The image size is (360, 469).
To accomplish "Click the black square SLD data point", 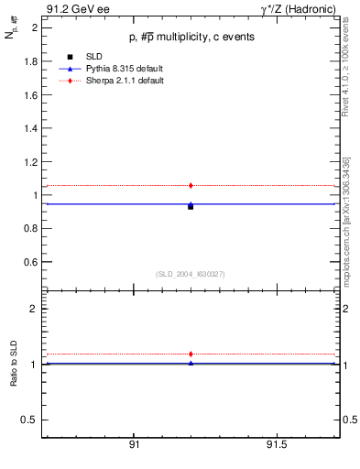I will coord(191,207).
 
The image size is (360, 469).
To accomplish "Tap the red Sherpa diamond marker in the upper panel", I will coord(191,185).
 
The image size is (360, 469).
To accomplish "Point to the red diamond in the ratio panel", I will coord(191,354).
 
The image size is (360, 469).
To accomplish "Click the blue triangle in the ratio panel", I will coord(191,363).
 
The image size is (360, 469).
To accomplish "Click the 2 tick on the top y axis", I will coord(34,27).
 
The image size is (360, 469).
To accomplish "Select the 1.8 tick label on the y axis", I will coord(29,61).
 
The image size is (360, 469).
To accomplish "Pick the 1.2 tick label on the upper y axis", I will coord(29,161).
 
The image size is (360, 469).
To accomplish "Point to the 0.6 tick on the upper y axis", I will coord(29,262).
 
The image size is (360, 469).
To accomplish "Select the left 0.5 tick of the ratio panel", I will coord(29,420).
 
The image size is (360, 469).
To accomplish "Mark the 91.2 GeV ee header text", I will coord(71,8).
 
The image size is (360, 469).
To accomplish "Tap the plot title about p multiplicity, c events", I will coord(191,38).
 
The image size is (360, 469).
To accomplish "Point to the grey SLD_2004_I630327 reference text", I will coord(191,274).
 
